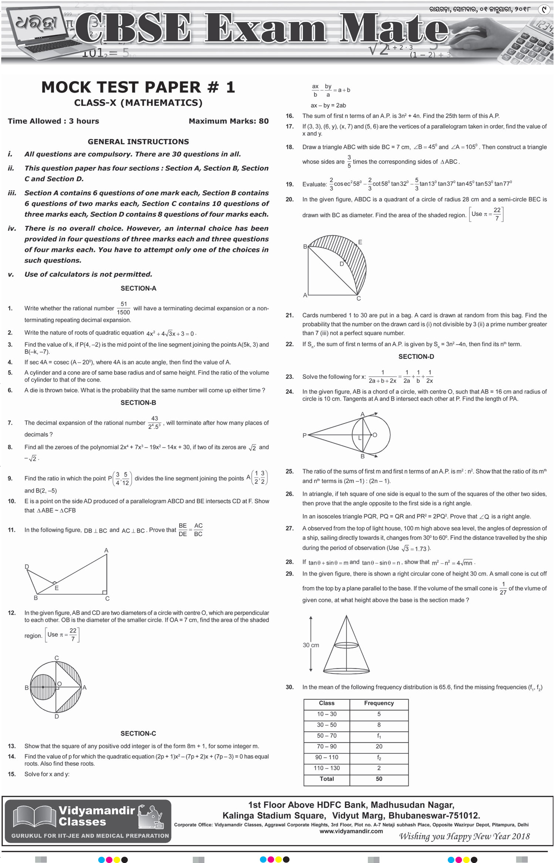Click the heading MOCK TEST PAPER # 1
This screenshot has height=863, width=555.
[138, 87]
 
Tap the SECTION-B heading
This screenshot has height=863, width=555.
[138, 403]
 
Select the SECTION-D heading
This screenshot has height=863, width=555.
[416, 356]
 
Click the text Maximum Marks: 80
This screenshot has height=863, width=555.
[228, 121]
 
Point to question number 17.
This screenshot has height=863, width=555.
[289, 127]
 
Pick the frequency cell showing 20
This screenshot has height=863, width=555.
[379, 746]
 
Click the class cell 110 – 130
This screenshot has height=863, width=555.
[326, 768]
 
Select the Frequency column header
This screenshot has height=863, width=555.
[379, 703]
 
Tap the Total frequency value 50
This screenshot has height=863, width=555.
[379, 779]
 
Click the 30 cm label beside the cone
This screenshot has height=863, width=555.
[311, 645]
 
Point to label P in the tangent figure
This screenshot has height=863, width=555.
[305, 435]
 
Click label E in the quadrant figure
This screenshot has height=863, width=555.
[360, 242]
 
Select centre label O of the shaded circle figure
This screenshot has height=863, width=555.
[59, 684]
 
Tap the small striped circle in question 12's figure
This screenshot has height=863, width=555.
[43, 687]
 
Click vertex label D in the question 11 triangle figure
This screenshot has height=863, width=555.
[27, 567]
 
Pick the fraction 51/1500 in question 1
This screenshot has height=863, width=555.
[124, 308]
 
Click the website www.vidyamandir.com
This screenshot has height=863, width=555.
[351, 831]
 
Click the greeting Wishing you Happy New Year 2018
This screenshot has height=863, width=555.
[464, 836]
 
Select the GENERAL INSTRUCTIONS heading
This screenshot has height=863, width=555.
[138, 142]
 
